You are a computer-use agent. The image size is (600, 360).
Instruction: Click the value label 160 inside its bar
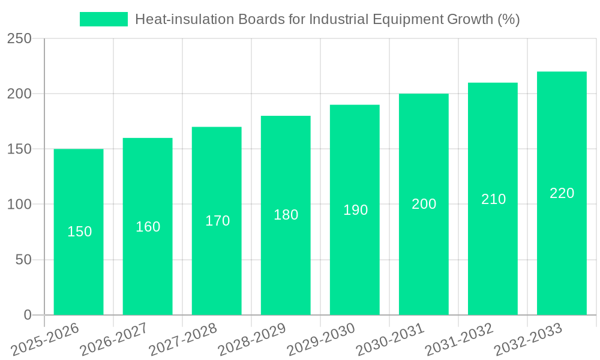(148, 227)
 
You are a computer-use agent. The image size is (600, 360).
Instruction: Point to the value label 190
(355, 210)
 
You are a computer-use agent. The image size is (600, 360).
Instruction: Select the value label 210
(493, 199)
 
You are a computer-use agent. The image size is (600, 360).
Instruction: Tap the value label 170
(217, 221)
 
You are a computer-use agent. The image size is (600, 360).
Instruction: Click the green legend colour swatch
(104, 19)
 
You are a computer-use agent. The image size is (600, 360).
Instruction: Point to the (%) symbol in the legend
(508, 19)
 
